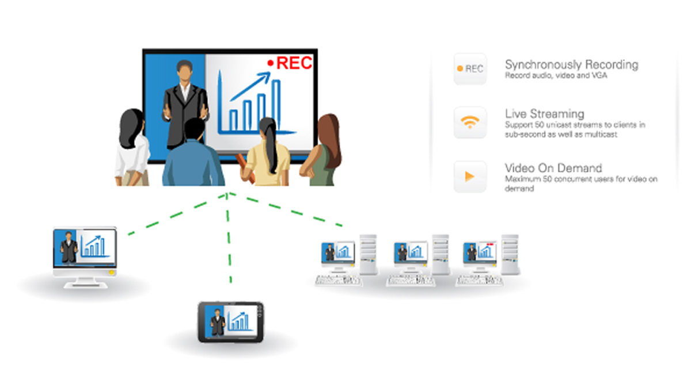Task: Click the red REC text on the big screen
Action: pyautogui.click(x=294, y=63)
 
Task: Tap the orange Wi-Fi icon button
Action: pyautogui.click(x=470, y=122)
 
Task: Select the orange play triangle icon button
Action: pyautogui.click(x=470, y=177)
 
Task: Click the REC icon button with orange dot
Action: pyautogui.click(x=470, y=68)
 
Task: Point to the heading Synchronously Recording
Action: pyautogui.click(x=571, y=65)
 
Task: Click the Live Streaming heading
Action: pyautogui.click(x=545, y=114)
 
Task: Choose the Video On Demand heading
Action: pyautogui.click(x=553, y=168)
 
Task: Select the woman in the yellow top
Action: pyautogui.click(x=266, y=152)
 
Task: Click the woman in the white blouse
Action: pyautogui.click(x=132, y=148)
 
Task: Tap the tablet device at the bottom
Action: pyautogui.click(x=231, y=322)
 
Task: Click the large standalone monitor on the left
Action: pyautogui.click(x=85, y=257)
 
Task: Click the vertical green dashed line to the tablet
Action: pyautogui.click(x=229, y=238)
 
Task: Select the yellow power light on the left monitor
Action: pyautogui.click(x=112, y=273)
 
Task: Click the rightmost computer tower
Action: pyautogui.click(x=510, y=255)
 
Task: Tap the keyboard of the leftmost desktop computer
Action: pyautogui.click(x=338, y=281)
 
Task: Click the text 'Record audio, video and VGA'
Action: pyautogui.click(x=556, y=76)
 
